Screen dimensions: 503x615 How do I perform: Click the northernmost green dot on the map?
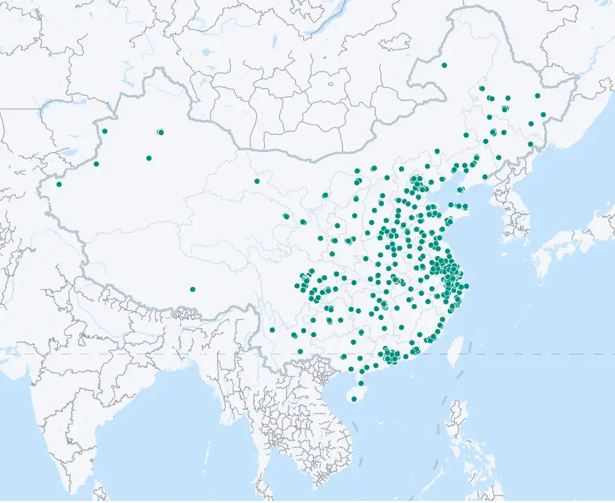point(444,65)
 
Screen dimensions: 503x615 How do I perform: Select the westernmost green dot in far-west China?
point(58,184)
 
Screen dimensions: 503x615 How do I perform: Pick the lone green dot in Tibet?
point(193,290)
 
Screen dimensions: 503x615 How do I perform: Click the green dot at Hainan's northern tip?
point(361,383)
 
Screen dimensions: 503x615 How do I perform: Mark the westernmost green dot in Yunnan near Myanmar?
point(272,330)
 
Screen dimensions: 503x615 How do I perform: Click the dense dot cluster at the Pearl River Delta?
point(390,356)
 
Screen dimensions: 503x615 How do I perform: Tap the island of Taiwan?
point(455,351)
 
